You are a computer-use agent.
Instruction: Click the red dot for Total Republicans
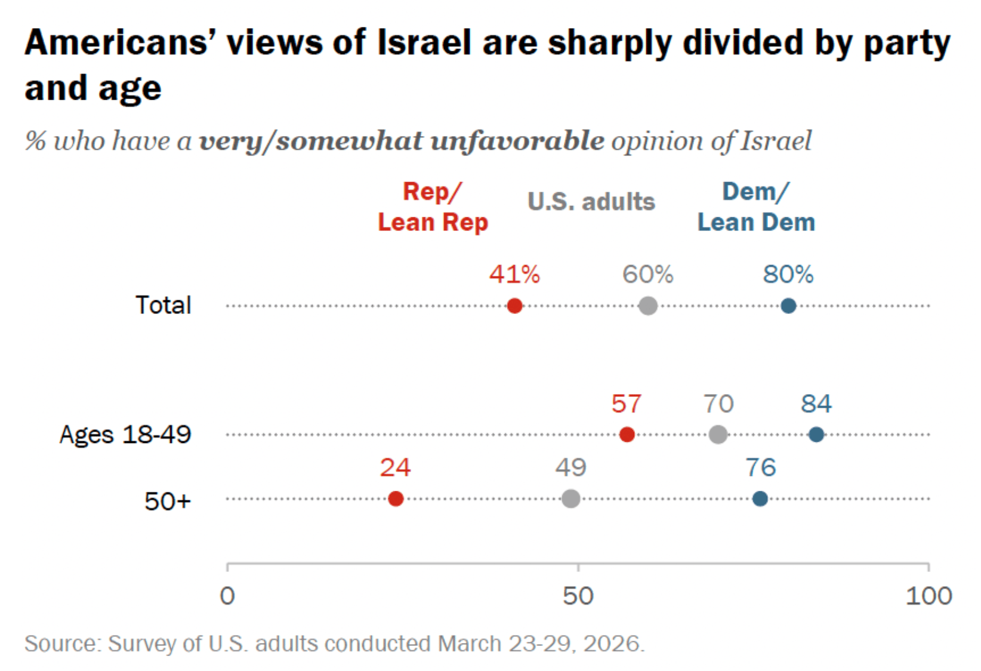[x=514, y=306]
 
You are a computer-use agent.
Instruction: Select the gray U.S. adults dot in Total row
[x=647, y=306]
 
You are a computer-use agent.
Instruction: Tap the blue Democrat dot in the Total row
[x=788, y=306]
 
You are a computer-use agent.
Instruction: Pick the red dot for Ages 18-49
[x=627, y=435]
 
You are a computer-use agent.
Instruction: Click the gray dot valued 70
[x=718, y=435]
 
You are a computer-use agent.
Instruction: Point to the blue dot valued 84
[x=816, y=435]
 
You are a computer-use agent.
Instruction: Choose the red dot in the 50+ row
[x=396, y=498]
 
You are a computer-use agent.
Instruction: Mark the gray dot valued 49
[x=570, y=498]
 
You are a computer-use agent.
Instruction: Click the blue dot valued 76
[x=760, y=498]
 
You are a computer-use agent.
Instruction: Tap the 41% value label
[x=514, y=275]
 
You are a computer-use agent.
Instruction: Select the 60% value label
[x=647, y=275]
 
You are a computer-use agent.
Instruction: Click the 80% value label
[x=788, y=275]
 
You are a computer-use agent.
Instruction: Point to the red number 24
[x=395, y=467]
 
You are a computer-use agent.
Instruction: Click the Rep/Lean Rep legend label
[x=433, y=207]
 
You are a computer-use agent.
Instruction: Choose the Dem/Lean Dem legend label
[x=756, y=207]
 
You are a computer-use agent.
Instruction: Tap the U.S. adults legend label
[x=591, y=202]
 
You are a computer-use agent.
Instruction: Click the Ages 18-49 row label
[x=125, y=435]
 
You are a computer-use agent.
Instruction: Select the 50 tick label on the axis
[x=578, y=596]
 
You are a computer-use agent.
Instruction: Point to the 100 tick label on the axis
[x=928, y=596]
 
